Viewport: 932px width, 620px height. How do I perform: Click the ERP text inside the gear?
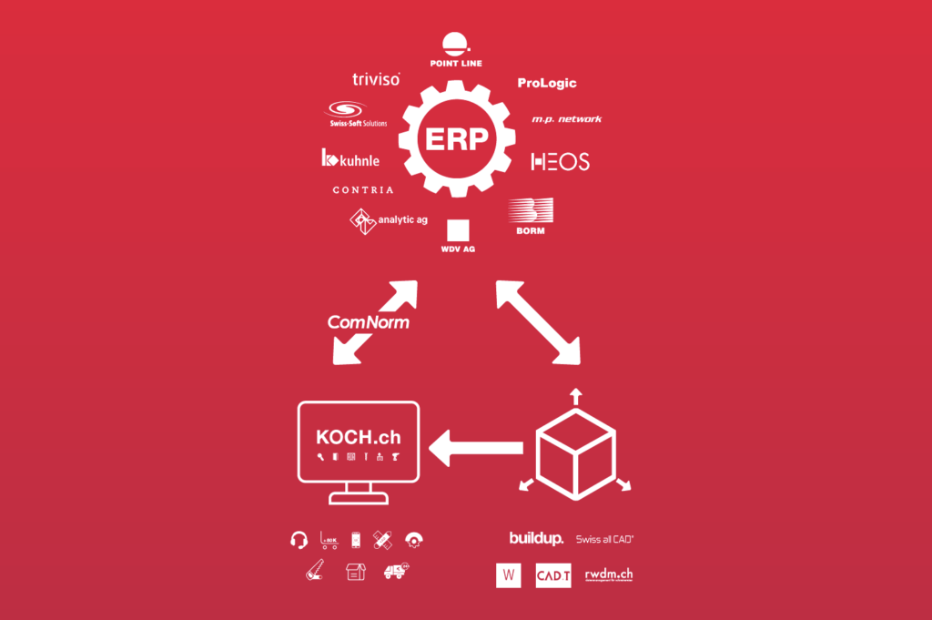pos(456,138)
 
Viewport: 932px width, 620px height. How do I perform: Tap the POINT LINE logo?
pos(456,50)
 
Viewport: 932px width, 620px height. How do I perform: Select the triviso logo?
pos(376,80)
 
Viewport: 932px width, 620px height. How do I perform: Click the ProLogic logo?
pos(547,83)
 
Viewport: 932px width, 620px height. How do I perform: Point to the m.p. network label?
pos(566,119)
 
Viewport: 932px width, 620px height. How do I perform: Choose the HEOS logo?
pos(560,162)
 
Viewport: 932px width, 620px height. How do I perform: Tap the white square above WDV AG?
pos(458,229)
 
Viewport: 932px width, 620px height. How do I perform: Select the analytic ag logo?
pos(389,220)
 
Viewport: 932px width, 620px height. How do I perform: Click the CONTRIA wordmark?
pos(363,190)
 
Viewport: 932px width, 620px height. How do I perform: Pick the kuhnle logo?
pos(350,159)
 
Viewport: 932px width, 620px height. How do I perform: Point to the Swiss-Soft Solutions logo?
pos(358,114)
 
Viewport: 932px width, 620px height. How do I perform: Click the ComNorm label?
pos(368,321)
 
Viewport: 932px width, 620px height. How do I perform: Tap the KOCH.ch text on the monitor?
pos(359,437)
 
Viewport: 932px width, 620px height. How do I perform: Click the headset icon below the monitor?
pos(299,540)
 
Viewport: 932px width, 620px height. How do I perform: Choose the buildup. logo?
pos(536,539)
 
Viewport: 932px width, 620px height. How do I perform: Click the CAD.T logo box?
pos(553,575)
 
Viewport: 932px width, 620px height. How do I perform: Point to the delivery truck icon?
pos(395,571)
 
